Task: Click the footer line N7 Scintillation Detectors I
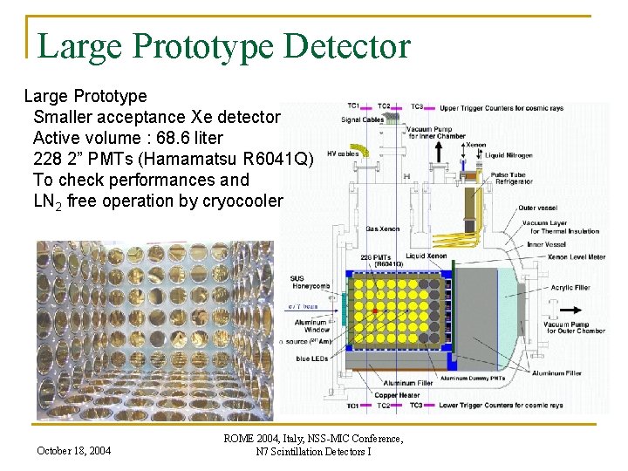(313, 451)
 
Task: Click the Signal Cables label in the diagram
(362, 119)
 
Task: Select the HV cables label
(343, 154)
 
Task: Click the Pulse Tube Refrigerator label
(512, 178)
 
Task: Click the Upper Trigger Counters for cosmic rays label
(501, 107)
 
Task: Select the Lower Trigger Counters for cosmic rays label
(501, 406)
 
